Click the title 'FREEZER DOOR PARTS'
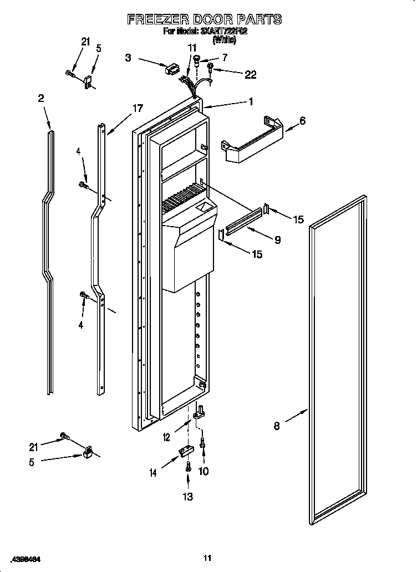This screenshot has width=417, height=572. click(204, 19)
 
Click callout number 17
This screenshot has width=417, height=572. click(138, 109)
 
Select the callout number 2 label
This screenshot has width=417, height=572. click(40, 98)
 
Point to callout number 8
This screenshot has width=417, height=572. click(276, 426)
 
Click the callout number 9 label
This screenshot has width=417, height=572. click(277, 240)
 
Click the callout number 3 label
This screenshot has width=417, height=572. click(128, 57)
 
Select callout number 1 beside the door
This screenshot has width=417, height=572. click(251, 101)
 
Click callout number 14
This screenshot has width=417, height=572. click(152, 473)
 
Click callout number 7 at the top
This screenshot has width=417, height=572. click(225, 57)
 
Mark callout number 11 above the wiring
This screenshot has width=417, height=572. click(192, 48)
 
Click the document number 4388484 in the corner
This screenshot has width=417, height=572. click(23, 558)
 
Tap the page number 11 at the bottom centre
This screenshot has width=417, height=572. click(207, 558)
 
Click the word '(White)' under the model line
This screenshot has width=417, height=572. click(224, 40)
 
